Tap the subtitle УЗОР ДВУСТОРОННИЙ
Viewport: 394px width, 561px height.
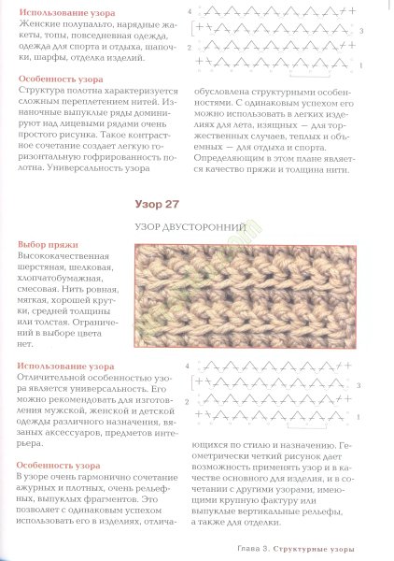[x=197, y=226]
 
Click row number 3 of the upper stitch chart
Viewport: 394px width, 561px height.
[x=361, y=31]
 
